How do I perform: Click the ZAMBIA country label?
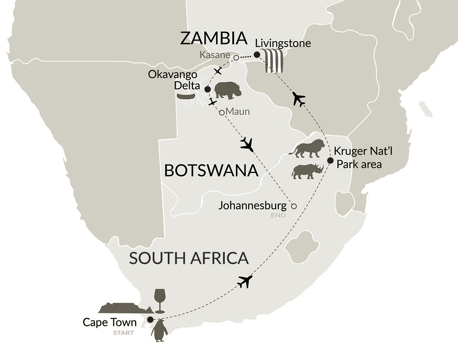[x=214, y=38]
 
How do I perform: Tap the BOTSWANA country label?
[x=211, y=171]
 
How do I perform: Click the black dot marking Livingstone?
[x=257, y=55]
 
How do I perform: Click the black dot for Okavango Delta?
[x=208, y=89]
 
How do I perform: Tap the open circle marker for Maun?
[x=222, y=113]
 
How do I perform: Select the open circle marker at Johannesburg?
[x=294, y=206]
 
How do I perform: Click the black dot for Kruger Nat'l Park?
[x=330, y=160]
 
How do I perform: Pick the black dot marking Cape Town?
[x=150, y=319]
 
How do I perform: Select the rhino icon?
[x=307, y=171]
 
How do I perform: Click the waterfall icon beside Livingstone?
[x=274, y=61]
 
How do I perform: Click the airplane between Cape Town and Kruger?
[x=245, y=281]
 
